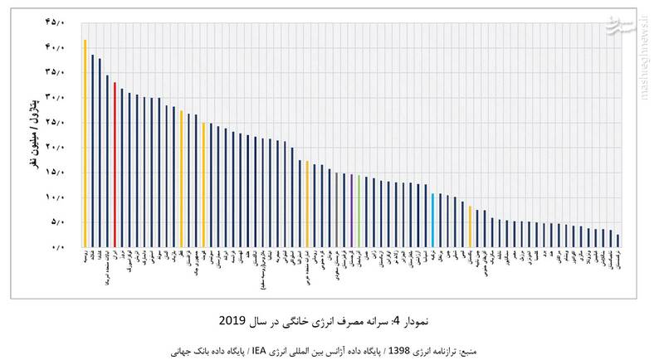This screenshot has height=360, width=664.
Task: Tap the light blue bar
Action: click(x=432, y=220)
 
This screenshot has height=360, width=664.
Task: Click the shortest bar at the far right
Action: click(x=618, y=241)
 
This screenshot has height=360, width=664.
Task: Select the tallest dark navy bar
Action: click(x=92, y=150)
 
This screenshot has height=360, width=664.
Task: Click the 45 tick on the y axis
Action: click(x=54, y=22)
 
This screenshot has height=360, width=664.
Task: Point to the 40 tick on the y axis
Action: click(x=54, y=47)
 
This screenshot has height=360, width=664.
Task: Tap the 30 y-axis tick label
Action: click(x=54, y=97)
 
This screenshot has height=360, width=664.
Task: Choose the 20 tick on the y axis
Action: click(x=54, y=147)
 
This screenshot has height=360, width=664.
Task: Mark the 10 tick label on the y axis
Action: click(x=54, y=197)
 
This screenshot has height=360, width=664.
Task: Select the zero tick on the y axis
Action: click(x=56, y=246)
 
